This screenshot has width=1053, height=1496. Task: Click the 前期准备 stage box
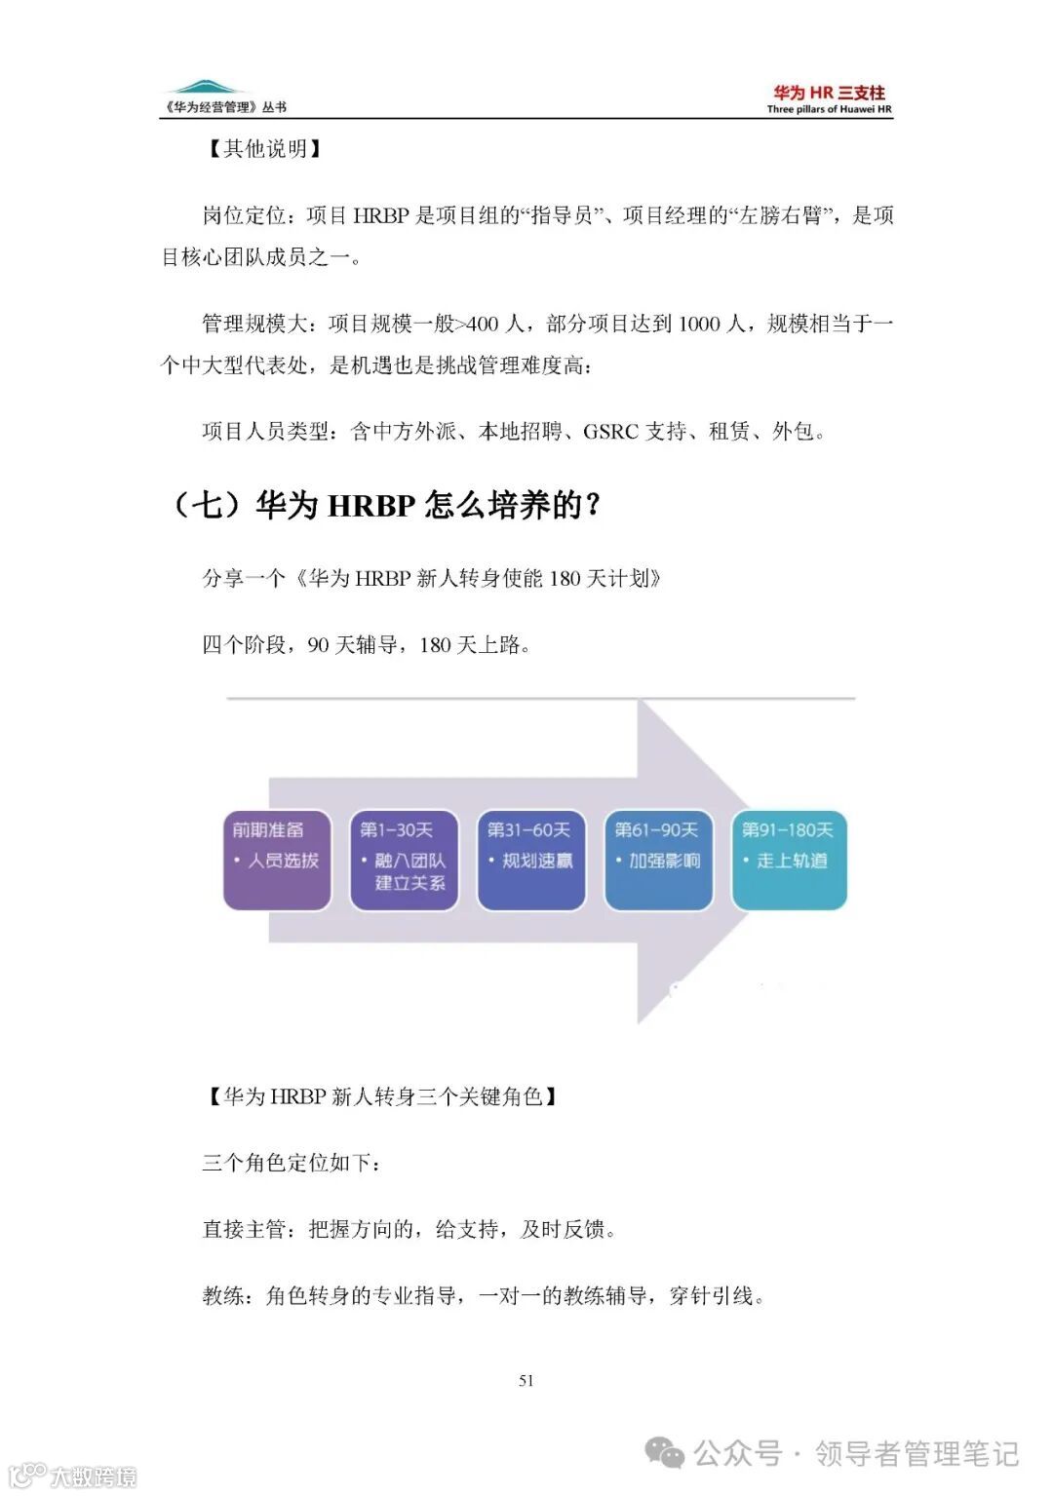point(277,861)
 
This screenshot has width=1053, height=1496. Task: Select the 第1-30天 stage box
point(404,861)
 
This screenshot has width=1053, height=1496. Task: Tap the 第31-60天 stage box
point(530,861)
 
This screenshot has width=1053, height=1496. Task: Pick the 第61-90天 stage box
point(658,861)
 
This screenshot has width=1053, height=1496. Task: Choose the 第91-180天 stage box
point(789,861)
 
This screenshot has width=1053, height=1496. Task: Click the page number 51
point(526,1380)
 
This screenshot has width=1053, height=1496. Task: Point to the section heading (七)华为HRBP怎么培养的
point(385,505)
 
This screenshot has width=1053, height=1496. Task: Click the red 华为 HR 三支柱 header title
point(829,93)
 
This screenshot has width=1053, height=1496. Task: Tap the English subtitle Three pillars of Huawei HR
point(829,109)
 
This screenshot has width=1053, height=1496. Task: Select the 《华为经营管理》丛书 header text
point(226,107)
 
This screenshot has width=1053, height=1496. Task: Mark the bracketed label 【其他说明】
point(263,148)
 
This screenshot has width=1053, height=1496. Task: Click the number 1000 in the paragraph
point(699,324)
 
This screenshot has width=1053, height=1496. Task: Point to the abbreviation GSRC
point(610,431)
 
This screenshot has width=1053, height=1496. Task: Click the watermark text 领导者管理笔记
point(916,1454)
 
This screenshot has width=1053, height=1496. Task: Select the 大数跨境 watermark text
point(94,1477)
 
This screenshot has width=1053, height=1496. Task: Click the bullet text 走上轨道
point(792,861)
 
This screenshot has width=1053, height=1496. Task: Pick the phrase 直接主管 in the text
point(244,1229)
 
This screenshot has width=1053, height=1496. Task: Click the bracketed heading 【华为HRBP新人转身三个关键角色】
point(382,1096)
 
